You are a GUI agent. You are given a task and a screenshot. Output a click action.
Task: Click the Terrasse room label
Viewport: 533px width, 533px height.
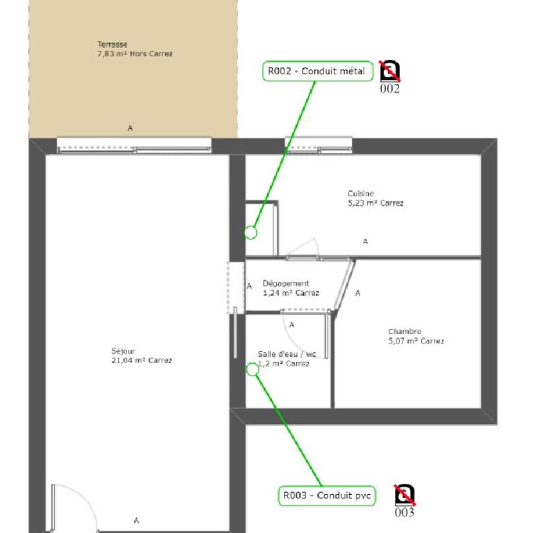[x=112, y=44]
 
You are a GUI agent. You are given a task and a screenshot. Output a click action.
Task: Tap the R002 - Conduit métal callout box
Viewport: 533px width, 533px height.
[x=317, y=71]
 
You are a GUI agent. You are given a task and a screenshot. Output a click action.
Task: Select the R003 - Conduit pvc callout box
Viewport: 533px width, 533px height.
[x=327, y=496]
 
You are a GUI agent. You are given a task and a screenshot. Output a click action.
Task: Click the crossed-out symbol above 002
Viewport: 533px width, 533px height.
[x=390, y=71]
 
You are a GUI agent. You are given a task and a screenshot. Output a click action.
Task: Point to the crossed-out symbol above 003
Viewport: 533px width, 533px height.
[x=405, y=495]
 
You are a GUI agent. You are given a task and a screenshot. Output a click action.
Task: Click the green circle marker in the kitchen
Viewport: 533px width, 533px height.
[x=251, y=232]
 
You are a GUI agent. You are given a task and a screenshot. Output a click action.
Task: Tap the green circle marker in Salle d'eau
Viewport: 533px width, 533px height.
[x=252, y=369]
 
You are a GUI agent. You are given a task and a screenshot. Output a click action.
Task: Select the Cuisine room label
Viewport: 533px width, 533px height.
[x=361, y=194]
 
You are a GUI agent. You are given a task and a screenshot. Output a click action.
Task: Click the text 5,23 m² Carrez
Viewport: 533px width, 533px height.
[x=375, y=203]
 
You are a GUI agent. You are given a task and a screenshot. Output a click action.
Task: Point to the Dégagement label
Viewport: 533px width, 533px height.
[x=286, y=283]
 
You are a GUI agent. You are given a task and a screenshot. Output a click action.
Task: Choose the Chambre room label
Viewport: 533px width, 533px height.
[x=405, y=332]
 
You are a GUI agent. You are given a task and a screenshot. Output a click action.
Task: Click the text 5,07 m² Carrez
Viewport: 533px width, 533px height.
[x=416, y=341]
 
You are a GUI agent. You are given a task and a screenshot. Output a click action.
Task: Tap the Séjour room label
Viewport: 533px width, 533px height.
[x=123, y=351]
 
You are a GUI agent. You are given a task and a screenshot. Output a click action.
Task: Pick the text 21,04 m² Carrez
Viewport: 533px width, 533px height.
[x=142, y=361]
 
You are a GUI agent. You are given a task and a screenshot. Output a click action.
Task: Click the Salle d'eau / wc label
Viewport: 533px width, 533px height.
[x=287, y=354]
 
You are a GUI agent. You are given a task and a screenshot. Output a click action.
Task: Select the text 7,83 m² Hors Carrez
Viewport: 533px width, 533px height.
[x=135, y=53]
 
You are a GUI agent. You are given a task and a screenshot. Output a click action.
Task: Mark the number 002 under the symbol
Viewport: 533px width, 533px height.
[x=390, y=89]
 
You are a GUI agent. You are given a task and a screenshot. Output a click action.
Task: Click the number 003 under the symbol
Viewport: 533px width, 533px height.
[x=405, y=512]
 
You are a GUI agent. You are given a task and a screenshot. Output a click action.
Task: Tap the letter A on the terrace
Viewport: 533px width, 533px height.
[x=130, y=128]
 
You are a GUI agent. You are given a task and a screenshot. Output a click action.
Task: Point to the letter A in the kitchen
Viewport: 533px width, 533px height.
[x=366, y=242]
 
